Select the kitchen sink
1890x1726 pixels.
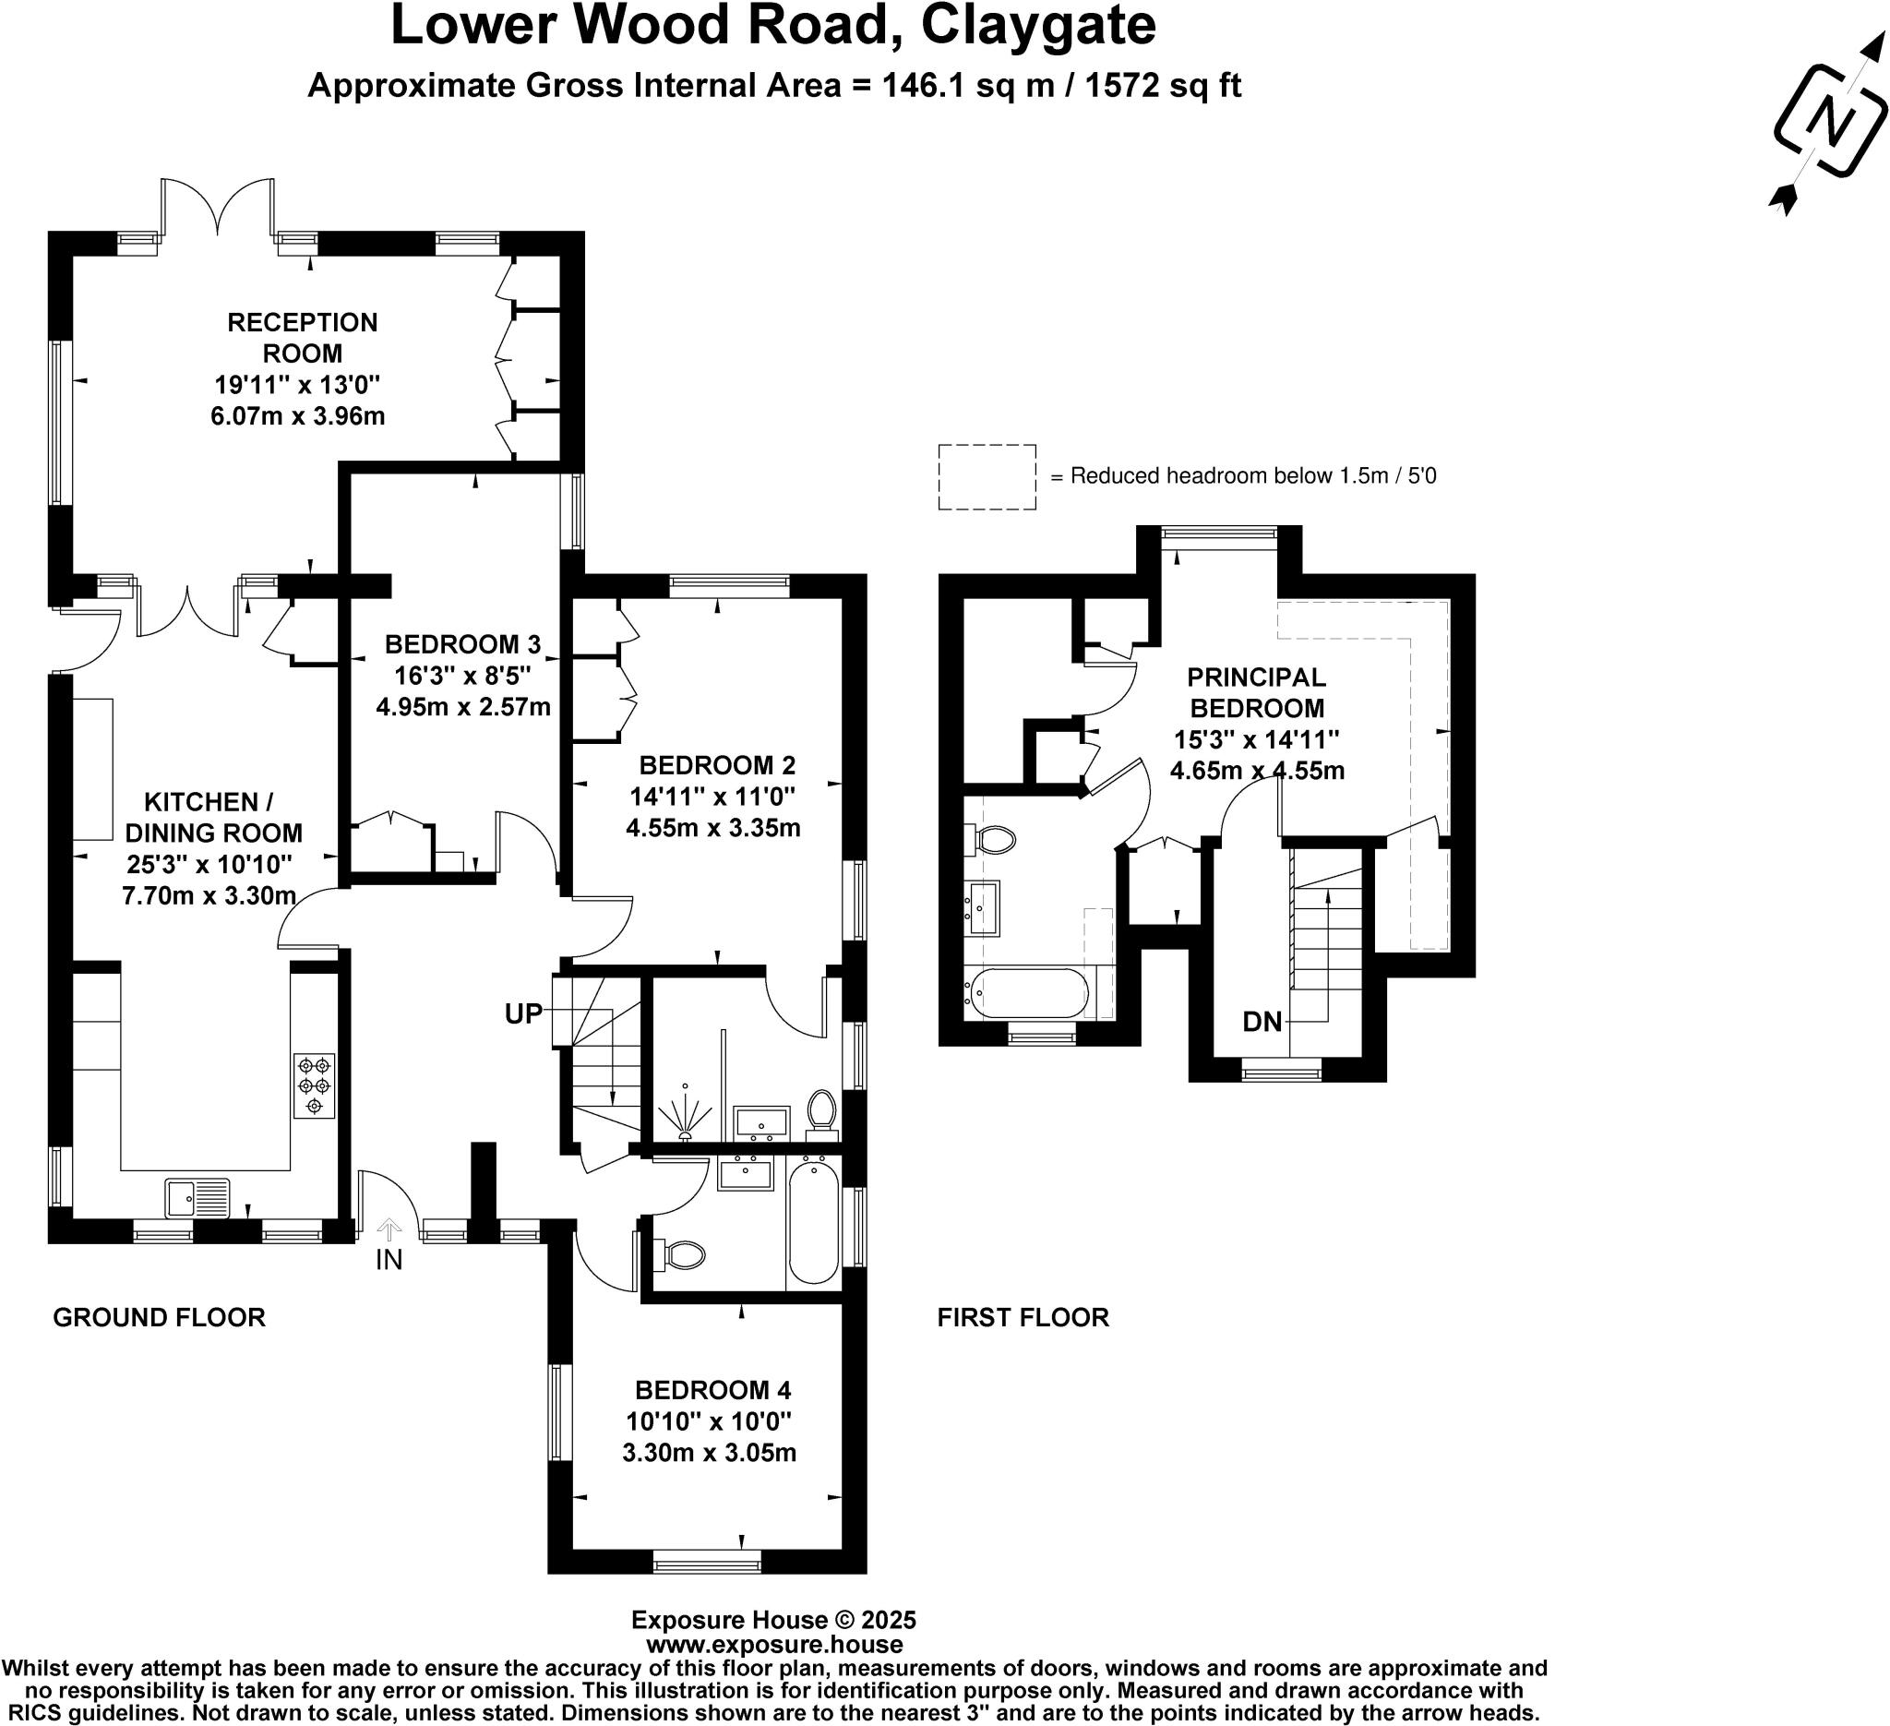[x=197, y=1197]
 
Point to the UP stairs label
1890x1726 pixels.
[x=523, y=1013]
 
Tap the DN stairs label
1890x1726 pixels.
[x=1262, y=1022]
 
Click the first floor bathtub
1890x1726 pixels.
[x=1029, y=993]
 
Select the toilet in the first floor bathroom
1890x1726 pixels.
[x=993, y=838]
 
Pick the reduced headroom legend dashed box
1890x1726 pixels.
[x=987, y=477]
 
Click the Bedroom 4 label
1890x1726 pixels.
[x=712, y=1389]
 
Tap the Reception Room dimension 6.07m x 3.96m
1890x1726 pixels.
[x=298, y=415]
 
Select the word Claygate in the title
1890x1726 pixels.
[x=1038, y=26]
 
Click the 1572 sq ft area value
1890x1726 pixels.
[x=1163, y=85]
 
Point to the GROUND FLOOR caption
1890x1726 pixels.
[x=160, y=1317]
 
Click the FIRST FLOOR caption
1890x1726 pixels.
[x=1023, y=1317]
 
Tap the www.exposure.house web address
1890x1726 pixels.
[x=774, y=1644]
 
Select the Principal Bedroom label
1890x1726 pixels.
[x=1256, y=692]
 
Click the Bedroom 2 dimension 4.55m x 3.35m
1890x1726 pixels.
[x=712, y=828]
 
